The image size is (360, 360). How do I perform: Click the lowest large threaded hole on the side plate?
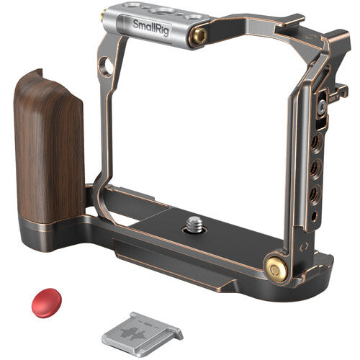tap(312, 193)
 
